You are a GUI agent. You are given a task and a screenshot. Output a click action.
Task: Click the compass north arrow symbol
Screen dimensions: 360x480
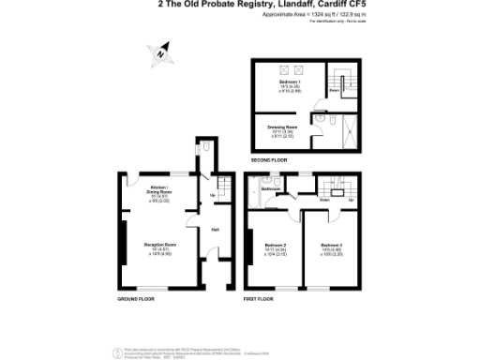(162, 53)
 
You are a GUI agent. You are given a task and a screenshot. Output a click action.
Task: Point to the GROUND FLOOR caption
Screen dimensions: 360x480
(134, 299)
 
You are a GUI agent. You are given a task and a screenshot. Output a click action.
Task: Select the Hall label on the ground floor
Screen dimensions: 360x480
(215, 230)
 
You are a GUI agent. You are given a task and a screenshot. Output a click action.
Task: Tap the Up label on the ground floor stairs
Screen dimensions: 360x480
(212, 196)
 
